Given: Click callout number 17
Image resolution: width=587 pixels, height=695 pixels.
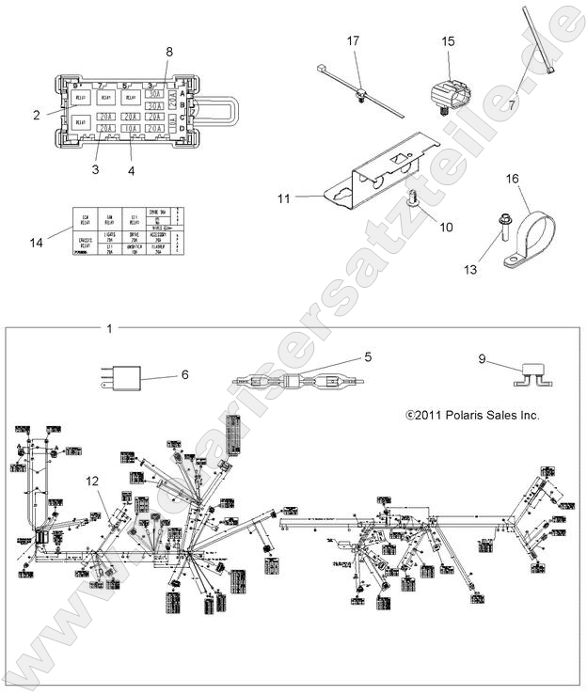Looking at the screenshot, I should [x=353, y=41].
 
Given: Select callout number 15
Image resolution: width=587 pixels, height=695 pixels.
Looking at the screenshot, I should [x=448, y=41].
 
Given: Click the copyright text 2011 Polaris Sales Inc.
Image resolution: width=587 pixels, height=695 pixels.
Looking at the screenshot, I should [x=472, y=415].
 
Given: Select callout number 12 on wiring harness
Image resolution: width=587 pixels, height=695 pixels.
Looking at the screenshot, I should [x=93, y=482].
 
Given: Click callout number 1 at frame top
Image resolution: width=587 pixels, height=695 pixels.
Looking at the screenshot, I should [x=109, y=328].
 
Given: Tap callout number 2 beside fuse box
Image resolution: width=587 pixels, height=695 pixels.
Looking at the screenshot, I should [x=36, y=116].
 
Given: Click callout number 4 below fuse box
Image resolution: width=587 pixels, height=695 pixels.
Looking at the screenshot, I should [x=131, y=171].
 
